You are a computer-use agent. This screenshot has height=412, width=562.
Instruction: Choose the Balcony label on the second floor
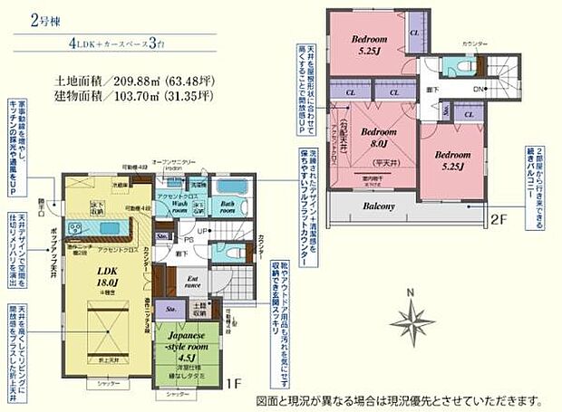coord(380,206)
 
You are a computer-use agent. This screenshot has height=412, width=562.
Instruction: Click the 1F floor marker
coord(233,384)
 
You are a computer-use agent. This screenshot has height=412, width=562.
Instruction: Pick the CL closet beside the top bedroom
coord(413,34)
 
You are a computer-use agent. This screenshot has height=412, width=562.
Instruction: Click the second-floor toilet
coord(451,67)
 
